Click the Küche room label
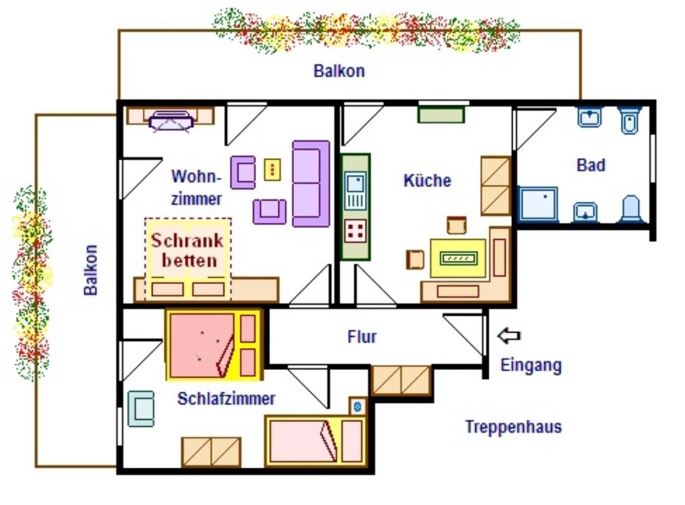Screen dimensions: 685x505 point(427,181)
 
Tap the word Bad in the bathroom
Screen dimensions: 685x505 point(591,165)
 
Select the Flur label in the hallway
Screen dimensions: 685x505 point(362,337)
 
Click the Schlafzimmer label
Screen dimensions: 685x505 point(226,399)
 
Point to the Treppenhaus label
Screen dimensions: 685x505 point(513,427)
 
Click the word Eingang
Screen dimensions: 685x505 point(531,366)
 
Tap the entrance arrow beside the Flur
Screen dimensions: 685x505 point(509,336)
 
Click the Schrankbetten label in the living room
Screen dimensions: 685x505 point(187,250)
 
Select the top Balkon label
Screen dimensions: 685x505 point(339,71)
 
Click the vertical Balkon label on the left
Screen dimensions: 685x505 point(90,270)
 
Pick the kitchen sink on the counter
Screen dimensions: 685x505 point(355,191)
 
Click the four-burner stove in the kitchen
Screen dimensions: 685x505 point(355,231)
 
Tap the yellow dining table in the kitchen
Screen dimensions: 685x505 point(458,258)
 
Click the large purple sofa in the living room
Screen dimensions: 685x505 point(311,184)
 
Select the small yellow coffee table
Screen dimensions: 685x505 point(272,169)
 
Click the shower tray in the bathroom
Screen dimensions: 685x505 point(538,204)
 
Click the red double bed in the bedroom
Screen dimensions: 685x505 point(214,345)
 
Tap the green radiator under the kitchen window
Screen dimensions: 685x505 point(442,115)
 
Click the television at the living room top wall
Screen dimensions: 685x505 point(171,120)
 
